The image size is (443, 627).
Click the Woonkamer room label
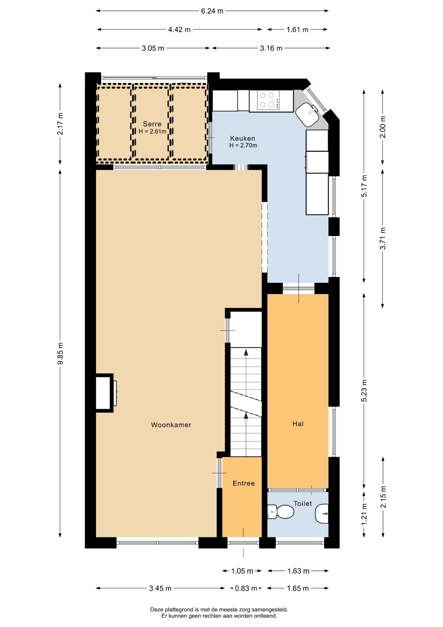coord(171,425)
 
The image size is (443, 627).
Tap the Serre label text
coord(152,124)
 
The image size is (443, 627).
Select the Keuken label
coord(242,138)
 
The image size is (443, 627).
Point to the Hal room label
coord(298,424)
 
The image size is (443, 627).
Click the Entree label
coord(243,483)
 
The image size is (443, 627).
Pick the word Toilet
coord(303,504)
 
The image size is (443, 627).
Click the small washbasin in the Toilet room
coord(322,513)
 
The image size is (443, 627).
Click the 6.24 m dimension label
coord(212,11)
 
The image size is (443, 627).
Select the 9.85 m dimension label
coord(60,354)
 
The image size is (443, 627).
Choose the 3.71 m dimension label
coord(383,239)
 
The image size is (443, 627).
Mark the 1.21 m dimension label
coord(364,514)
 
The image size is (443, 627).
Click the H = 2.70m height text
coord(243,146)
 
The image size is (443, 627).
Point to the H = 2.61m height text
coord(152,132)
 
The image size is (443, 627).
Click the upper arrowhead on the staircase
coord(246,352)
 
